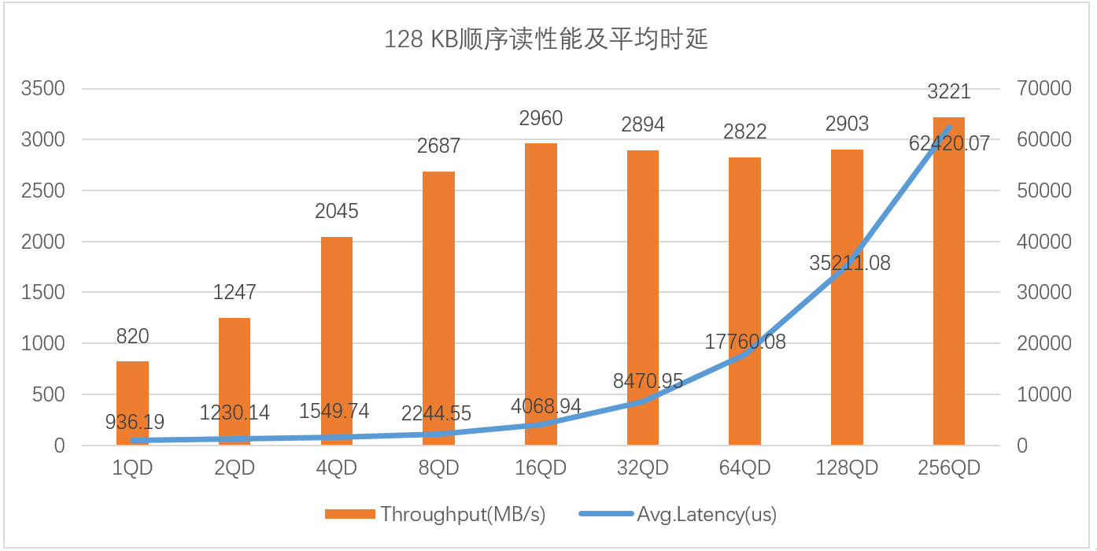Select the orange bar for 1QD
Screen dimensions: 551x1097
click(x=132, y=403)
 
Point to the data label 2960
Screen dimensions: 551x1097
click(x=541, y=119)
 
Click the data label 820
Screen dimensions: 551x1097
click(x=132, y=337)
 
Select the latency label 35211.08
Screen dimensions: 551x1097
click(x=850, y=263)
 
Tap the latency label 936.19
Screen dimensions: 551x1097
click(x=135, y=423)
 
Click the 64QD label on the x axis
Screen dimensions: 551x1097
click(x=744, y=468)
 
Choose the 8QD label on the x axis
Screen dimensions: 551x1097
click(x=438, y=468)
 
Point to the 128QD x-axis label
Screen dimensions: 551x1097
click(x=847, y=468)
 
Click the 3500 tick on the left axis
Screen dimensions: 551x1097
click(x=42, y=89)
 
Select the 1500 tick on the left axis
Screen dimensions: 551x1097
click(x=42, y=293)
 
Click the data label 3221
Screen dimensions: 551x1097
click(x=948, y=92)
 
